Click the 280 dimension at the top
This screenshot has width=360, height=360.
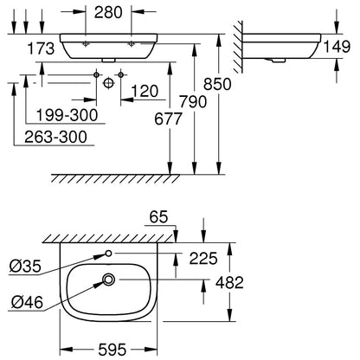click(108, 13)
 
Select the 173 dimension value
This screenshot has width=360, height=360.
click(41, 48)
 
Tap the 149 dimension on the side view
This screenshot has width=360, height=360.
click(337, 47)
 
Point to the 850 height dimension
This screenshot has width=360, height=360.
click(217, 84)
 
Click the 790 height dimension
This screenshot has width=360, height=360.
click(193, 101)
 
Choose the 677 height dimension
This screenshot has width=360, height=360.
click(168, 119)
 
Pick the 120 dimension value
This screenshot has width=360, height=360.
click(145, 91)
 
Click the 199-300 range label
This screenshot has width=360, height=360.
click(67, 115)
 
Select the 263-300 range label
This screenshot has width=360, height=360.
click(55, 137)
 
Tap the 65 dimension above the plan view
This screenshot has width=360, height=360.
click(158, 217)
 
